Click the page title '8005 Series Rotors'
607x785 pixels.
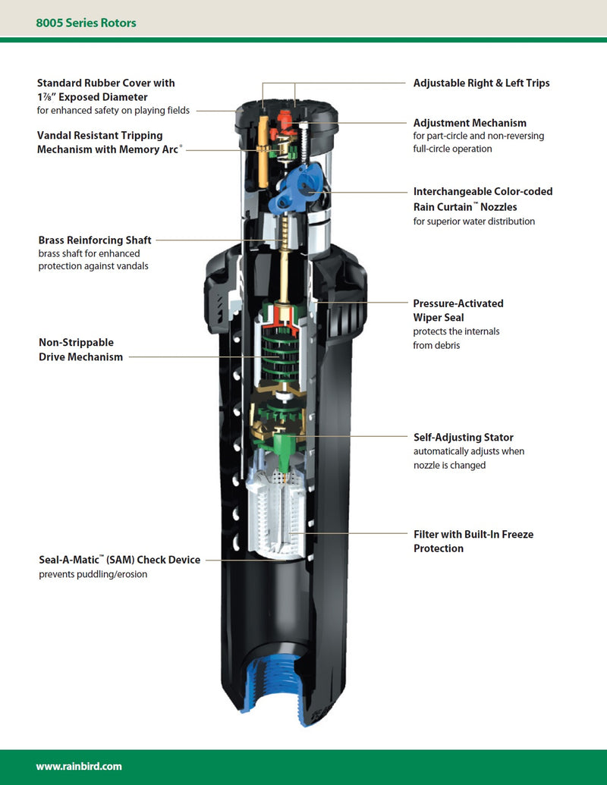(86, 23)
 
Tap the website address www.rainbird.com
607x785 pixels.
(79, 766)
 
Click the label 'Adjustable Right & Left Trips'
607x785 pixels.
(481, 83)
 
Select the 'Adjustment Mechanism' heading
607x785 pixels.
(470, 123)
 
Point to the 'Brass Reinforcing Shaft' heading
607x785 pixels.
(94, 240)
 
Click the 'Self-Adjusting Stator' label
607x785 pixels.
(463, 438)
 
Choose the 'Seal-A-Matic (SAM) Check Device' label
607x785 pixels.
(120, 560)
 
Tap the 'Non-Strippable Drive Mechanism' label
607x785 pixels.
(80, 350)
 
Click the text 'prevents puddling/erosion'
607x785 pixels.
(93, 574)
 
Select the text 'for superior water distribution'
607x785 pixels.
(474, 221)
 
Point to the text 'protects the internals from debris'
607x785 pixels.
(456, 338)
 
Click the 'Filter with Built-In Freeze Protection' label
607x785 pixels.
(473, 541)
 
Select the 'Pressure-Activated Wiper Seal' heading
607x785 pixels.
(458, 310)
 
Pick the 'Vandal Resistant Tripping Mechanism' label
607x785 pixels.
(100, 143)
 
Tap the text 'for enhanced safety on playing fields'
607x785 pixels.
(113, 111)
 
